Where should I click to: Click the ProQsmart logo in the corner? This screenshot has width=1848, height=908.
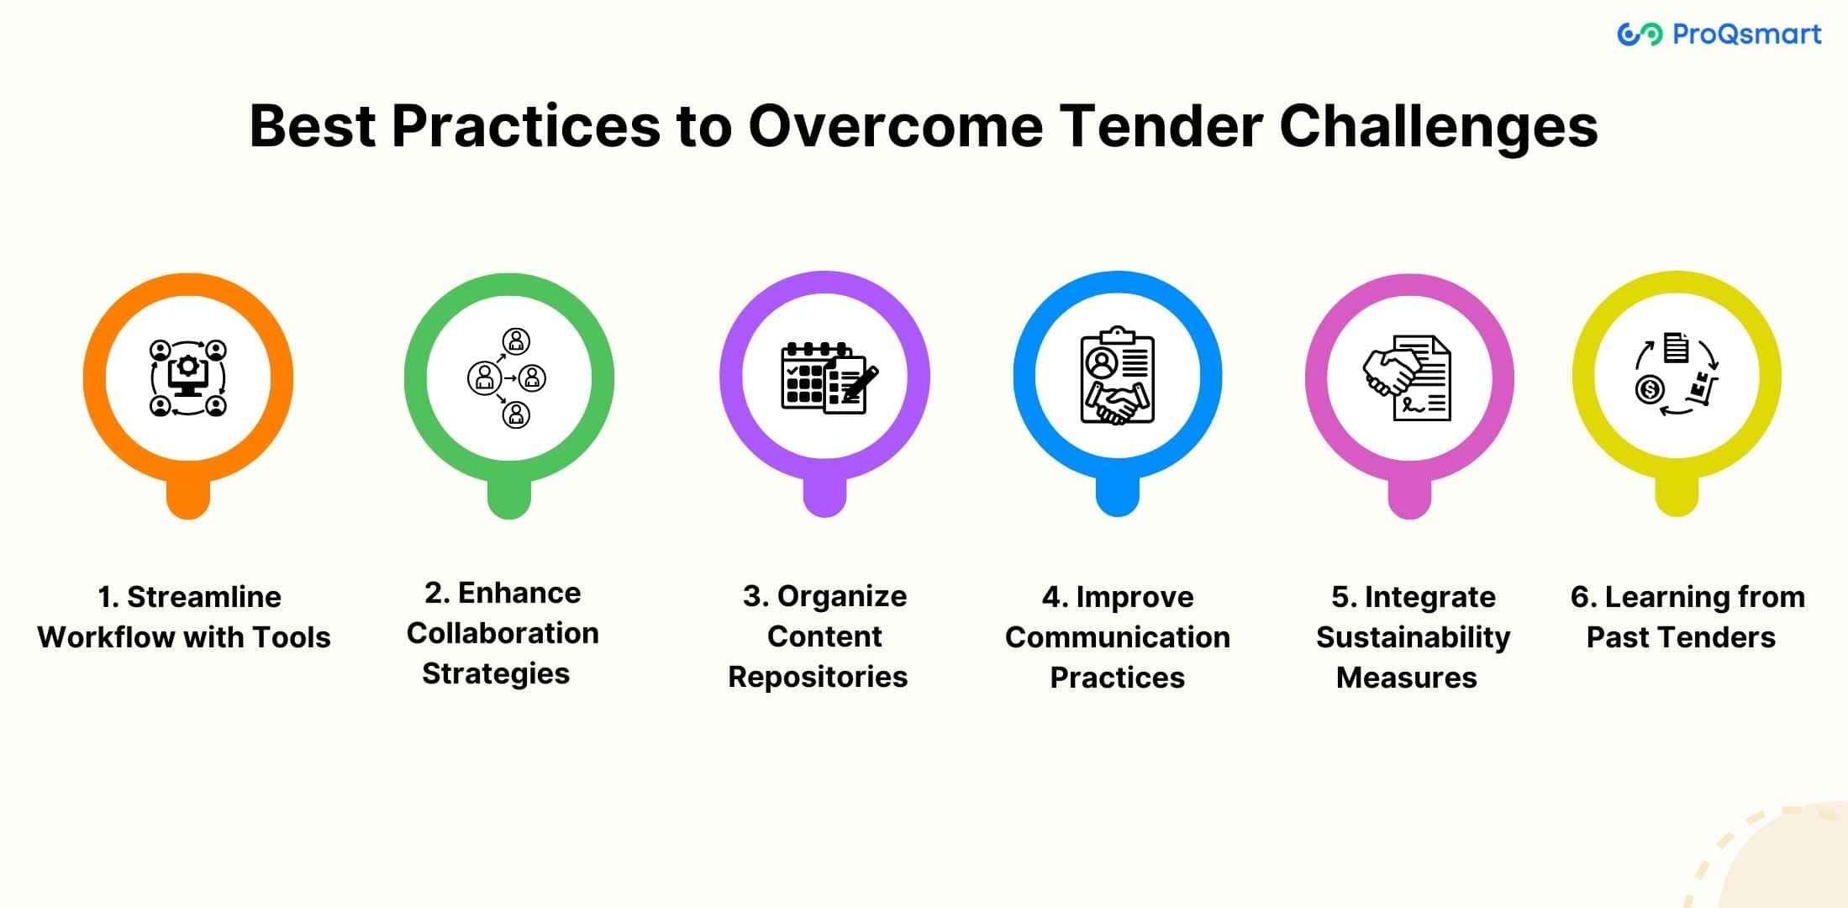click(x=1719, y=34)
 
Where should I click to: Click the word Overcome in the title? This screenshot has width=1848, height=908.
click(x=895, y=126)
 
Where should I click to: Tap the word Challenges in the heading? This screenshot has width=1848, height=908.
click(x=1438, y=128)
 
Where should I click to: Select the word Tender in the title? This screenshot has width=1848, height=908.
click(x=1161, y=126)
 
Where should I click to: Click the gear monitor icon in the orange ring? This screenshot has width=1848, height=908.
click(x=188, y=377)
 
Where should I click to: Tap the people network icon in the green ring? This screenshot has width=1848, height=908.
click(x=508, y=377)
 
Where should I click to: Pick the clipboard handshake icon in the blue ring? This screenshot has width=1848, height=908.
click(x=1118, y=375)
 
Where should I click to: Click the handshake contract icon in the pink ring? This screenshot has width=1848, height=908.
click(x=1407, y=377)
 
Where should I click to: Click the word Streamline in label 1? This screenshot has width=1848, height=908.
click(x=204, y=597)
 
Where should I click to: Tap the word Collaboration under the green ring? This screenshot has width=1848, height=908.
click(x=503, y=633)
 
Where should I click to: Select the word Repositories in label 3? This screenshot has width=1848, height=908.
click(x=818, y=677)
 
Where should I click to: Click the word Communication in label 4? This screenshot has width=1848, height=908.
click(x=1118, y=637)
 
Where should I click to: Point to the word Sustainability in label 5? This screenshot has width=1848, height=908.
click(x=1413, y=637)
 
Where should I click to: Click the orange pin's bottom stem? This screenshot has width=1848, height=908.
click(x=188, y=499)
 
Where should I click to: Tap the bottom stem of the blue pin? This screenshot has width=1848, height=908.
click(x=1118, y=496)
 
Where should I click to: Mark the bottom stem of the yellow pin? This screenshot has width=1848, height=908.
click(x=1677, y=496)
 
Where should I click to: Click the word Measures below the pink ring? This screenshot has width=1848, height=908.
click(x=1407, y=678)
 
